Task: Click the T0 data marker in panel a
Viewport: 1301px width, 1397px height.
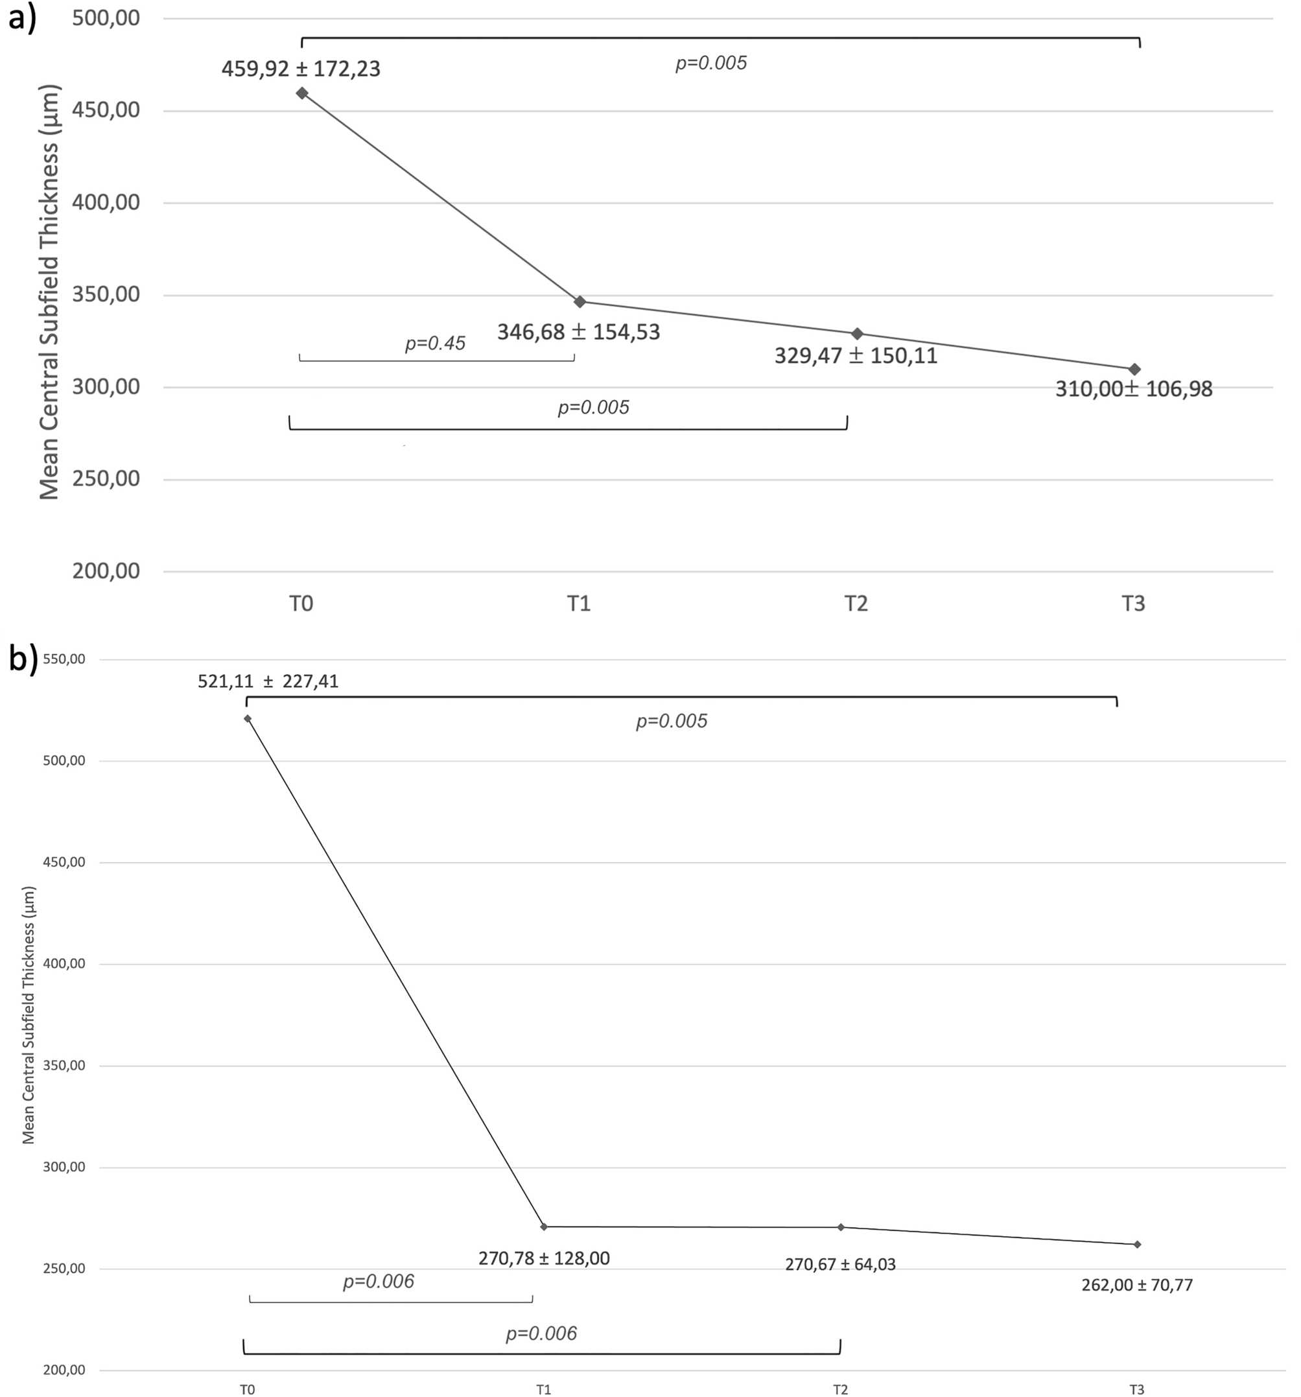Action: [x=301, y=93]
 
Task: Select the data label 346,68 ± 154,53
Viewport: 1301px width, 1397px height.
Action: [x=578, y=332]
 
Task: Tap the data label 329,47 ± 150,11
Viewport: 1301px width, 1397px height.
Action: [x=856, y=356]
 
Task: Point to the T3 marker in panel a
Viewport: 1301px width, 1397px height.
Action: [x=1134, y=369]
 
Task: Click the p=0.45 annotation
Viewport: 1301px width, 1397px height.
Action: [x=434, y=344]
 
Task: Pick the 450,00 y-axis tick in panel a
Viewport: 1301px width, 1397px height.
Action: [x=106, y=110]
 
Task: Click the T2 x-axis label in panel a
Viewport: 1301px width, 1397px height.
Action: [x=856, y=604]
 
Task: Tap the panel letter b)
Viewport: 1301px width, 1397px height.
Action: [x=23, y=659]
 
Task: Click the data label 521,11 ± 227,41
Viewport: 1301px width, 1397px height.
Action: [x=268, y=681]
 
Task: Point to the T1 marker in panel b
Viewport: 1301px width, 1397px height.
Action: [x=544, y=1227]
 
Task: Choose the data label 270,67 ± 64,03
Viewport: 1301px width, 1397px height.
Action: [x=840, y=1265]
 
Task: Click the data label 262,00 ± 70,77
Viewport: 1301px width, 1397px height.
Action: [x=1136, y=1285]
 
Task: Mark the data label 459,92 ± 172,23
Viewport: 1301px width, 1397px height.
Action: [x=301, y=69]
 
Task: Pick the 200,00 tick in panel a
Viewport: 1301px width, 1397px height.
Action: [x=106, y=570]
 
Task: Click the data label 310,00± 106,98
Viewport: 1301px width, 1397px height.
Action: [x=1133, y=388]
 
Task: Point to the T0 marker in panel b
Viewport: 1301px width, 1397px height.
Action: [x=248, y=718]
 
